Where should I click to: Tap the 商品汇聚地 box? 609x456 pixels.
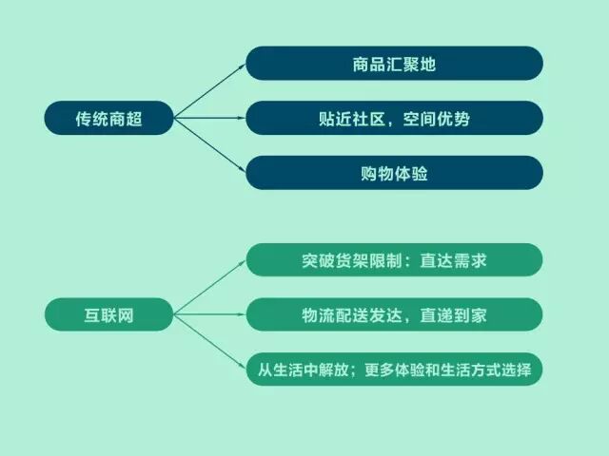click(394, 65)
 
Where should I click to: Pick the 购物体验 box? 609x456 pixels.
click(394, 173)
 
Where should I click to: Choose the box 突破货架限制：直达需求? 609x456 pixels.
click(394, 260)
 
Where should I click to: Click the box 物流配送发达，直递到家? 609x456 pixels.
click(394, 314)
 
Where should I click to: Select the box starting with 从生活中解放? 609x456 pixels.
click(394, 369)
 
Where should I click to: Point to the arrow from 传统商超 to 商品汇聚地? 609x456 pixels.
click(209, 91)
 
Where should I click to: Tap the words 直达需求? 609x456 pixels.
click(455, 260)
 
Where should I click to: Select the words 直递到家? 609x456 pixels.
click(455, 314)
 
